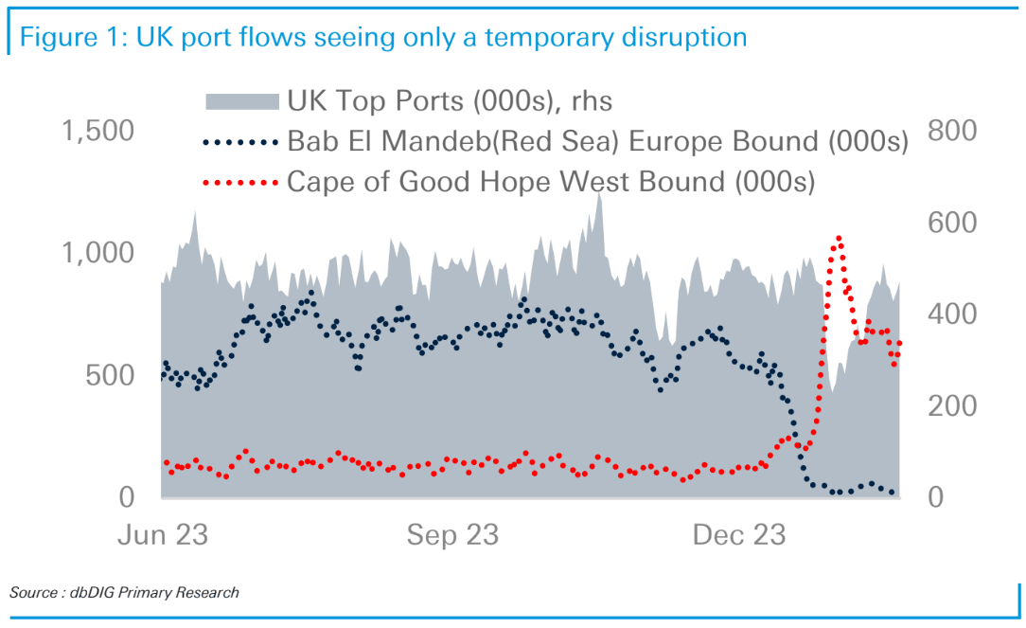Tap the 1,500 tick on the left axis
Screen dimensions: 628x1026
[97, 132]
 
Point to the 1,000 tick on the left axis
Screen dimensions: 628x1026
[97, 254]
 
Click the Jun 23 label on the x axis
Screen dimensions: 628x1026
[163, 535]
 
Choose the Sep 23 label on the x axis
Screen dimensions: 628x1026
[452, 535]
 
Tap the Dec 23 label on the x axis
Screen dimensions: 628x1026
[739, 535]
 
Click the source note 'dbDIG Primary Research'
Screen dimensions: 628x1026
[124, 593]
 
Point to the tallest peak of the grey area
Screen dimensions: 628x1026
[598, 194]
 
